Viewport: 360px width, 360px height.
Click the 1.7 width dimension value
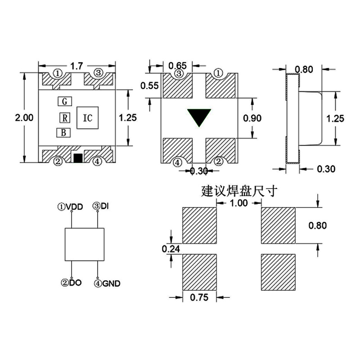[77, 66]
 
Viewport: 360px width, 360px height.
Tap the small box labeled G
[65, 101]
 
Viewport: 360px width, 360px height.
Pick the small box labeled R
[65, 118]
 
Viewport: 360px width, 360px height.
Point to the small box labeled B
[63, 133]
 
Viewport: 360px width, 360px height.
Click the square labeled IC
[88, 118]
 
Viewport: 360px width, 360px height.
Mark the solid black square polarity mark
[77, 158]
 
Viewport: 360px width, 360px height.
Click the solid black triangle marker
[200, 117]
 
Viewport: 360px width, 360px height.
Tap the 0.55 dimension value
[149, 85]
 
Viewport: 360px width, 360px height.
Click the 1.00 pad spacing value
[238, 203]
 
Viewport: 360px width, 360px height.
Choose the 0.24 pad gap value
[171, 248]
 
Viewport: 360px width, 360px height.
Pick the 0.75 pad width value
[199, 297]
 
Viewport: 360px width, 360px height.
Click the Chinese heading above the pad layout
[239, 191]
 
